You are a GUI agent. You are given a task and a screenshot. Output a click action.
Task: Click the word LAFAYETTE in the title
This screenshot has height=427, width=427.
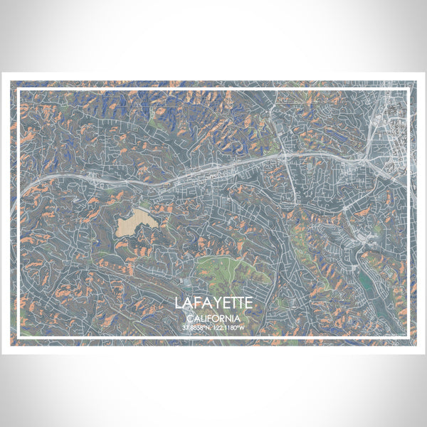[x=213, y=303]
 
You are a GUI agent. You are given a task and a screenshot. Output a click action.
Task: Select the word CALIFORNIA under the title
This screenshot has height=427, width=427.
[x=213, y=318]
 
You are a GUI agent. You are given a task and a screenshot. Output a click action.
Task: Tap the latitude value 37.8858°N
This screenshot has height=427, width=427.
[x=195, y=327]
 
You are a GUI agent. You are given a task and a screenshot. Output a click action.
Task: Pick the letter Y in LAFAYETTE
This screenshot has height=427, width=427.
[x=217, y=303]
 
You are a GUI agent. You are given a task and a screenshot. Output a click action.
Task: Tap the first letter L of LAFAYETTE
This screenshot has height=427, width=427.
[x=179, y=303]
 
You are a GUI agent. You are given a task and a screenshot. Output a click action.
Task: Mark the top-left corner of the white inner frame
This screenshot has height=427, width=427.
[x=18, y=88]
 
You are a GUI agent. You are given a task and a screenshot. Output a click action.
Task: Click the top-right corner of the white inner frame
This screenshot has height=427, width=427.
[x=409, y=88]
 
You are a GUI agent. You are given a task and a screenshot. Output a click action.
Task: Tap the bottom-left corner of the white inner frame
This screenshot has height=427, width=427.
[x=18, y=338]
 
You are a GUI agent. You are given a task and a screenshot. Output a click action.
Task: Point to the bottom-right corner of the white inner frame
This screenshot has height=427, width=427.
[x=409, y=338]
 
